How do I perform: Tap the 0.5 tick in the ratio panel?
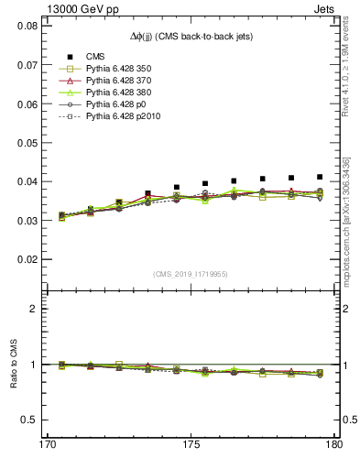pos(30,420)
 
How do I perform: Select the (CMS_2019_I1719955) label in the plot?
pos(190,273)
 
